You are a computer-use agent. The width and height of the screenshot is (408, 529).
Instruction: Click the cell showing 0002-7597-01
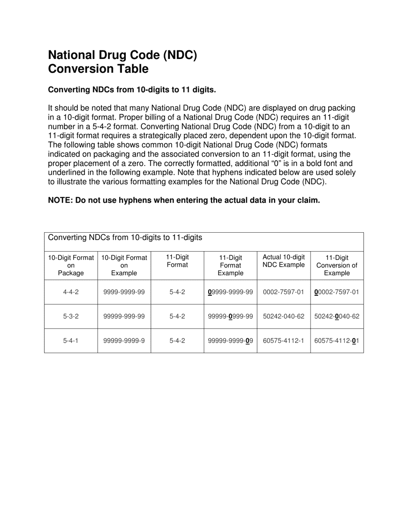point(283,292)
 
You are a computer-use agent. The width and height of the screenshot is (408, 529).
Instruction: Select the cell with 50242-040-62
point(283,316)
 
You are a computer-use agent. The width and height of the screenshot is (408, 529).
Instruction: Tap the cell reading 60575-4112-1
point(283,341)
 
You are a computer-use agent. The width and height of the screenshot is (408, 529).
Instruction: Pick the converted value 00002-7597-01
point(337,292)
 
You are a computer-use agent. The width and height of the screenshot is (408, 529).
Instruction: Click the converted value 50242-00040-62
point(337,316)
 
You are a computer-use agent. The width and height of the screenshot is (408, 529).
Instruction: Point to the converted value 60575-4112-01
point(337,341)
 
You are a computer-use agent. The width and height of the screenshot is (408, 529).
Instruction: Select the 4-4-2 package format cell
point(71,292)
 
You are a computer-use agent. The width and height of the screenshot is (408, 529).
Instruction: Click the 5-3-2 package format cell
point(71,316)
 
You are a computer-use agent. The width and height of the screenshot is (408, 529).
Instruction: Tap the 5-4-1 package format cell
point(71,341)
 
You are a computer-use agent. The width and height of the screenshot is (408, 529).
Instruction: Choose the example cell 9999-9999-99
point(124,292)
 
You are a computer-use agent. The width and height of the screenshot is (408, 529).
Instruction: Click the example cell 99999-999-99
point(124,316)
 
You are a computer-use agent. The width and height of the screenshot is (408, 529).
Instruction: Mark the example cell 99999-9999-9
point(124,341)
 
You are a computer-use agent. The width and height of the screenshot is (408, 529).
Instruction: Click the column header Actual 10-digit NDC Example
point(283,261)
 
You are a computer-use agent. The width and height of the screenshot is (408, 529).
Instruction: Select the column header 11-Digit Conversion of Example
point(337,265)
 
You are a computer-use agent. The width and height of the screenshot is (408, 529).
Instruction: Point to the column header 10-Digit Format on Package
point(71,265)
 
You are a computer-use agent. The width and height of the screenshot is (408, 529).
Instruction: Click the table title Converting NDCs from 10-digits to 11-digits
point(125,238)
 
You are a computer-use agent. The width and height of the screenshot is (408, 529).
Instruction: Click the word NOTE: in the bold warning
point(60,200)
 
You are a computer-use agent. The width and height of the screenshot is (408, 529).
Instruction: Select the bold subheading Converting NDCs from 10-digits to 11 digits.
point(132,90)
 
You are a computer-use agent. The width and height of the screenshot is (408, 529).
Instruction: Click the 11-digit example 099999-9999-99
point(231,292)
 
